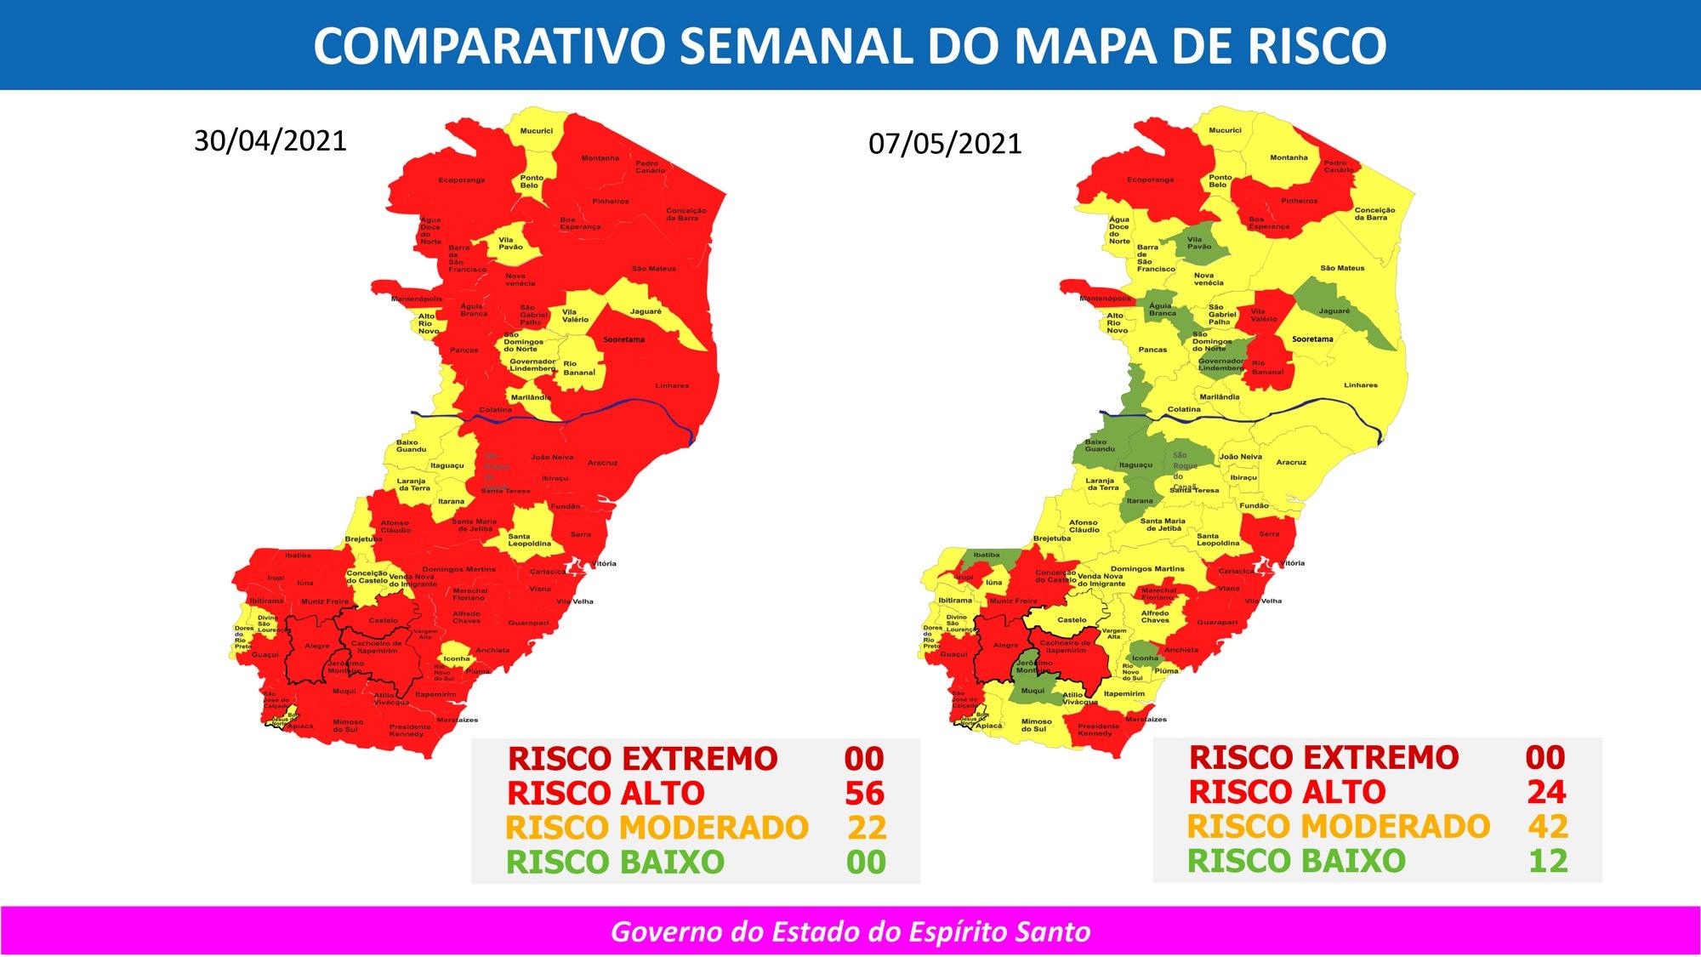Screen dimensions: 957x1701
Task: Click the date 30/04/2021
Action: click(x=270, y=140)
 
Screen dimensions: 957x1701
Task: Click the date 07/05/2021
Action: click(x=945, y=143)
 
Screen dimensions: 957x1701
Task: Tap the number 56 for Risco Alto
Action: click(x=864, y=793)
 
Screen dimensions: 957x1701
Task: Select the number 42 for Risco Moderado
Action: click(x=1547, y=826)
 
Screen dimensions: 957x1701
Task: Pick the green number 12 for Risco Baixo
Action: click(x=1547, y=861)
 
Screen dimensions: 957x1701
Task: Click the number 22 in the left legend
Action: click(x=866, y=828)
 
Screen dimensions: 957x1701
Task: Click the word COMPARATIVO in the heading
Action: click(x=488, y=46)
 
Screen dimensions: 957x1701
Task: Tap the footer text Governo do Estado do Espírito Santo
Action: click(x=850, y=931)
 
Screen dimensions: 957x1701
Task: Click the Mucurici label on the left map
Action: click(x=536, y=131)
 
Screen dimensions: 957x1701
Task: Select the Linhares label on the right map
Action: click(x=1360, y=385)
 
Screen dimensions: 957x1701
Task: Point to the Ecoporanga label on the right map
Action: click(x=1150, y=180)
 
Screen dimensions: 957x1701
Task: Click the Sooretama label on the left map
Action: click(x=623, y=339)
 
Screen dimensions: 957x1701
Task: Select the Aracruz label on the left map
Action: click(x=601, y=463)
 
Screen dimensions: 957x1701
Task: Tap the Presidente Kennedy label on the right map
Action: click(x=1098, y=730)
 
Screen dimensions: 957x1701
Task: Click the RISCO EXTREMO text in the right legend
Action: click(x=1323, y=757)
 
